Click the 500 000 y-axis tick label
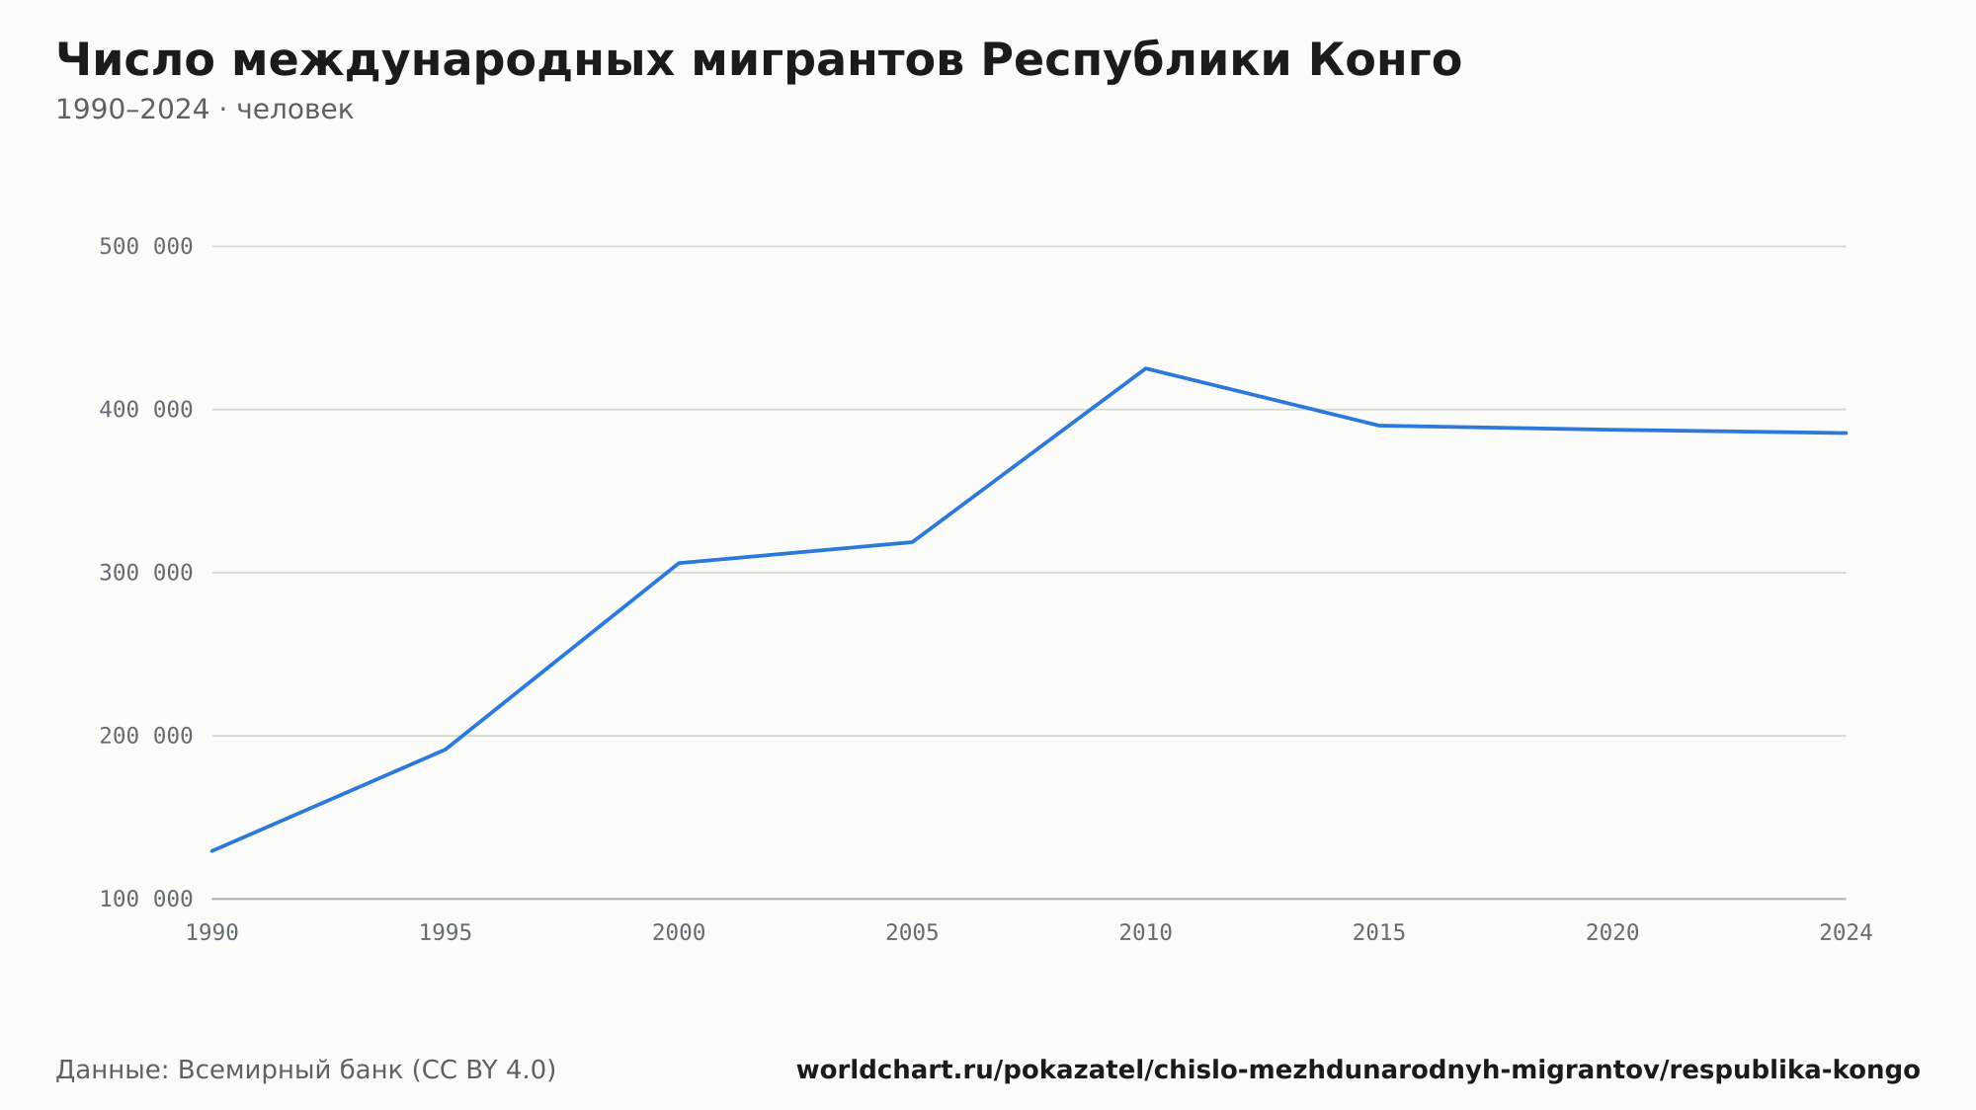pos(146,247)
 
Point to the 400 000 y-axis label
pos(146,410)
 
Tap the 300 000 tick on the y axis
pos(146,573)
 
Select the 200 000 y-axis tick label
pos(146,736)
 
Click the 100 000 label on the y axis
pos(146,899)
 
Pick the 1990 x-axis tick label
pos(212,933)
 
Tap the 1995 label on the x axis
pos(446,933)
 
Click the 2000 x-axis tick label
pos(679,933)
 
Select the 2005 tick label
pos(912,933)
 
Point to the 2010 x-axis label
pos(1145,933)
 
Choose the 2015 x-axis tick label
pos(1379,933)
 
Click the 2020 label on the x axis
pos(1612,933)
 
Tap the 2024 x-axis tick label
pos(1846,933)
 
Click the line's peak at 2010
pos(1145,368)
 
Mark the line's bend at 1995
pos(446,750)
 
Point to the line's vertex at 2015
pos(1379,426)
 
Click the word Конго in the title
pos(1385,60)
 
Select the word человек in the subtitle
pos(294,110)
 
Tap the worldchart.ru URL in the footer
pos(1358,1070)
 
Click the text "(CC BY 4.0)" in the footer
pos(483,1070)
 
